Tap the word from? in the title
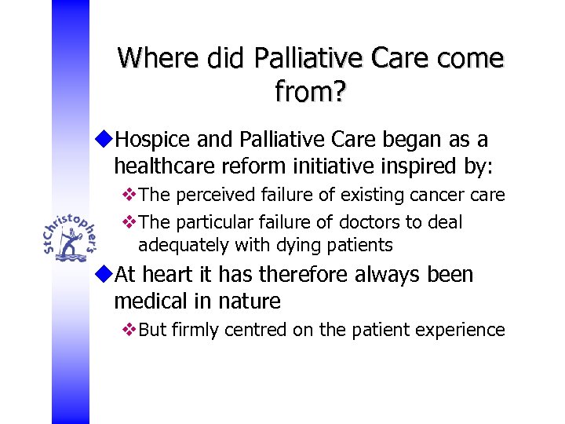[x=311, y=93]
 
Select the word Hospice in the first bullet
[x=150, y=141]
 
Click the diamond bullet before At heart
[x=106, y=275]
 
